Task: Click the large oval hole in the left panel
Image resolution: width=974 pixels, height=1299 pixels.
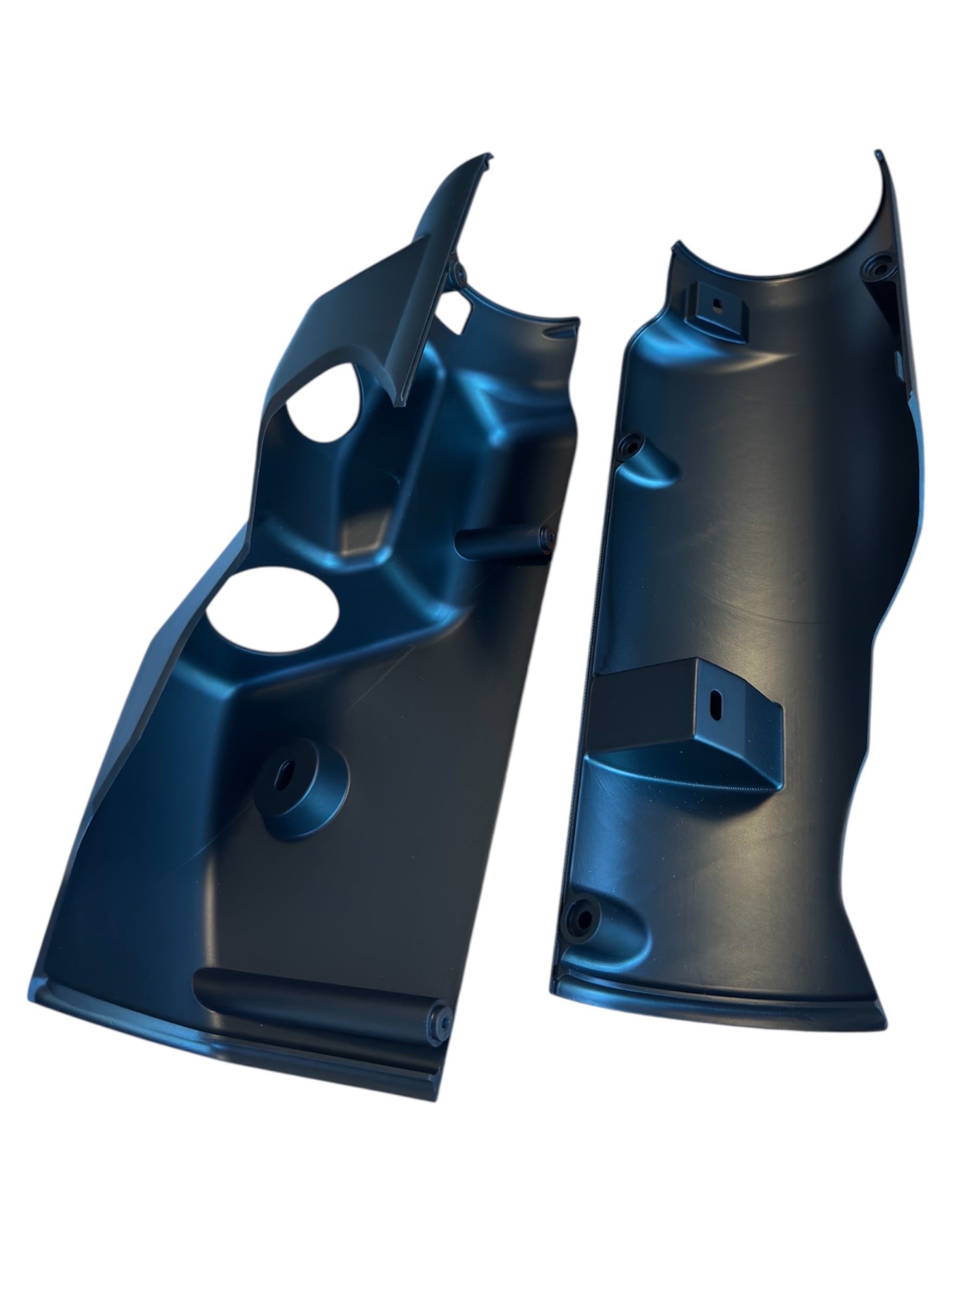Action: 272,610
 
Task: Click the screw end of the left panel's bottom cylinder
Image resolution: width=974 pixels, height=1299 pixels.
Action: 440,1022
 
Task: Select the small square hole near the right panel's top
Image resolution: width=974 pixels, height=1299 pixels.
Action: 717,304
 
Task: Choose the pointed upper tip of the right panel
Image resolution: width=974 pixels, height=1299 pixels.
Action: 878,154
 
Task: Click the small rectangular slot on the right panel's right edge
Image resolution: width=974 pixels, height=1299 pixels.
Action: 897,358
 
